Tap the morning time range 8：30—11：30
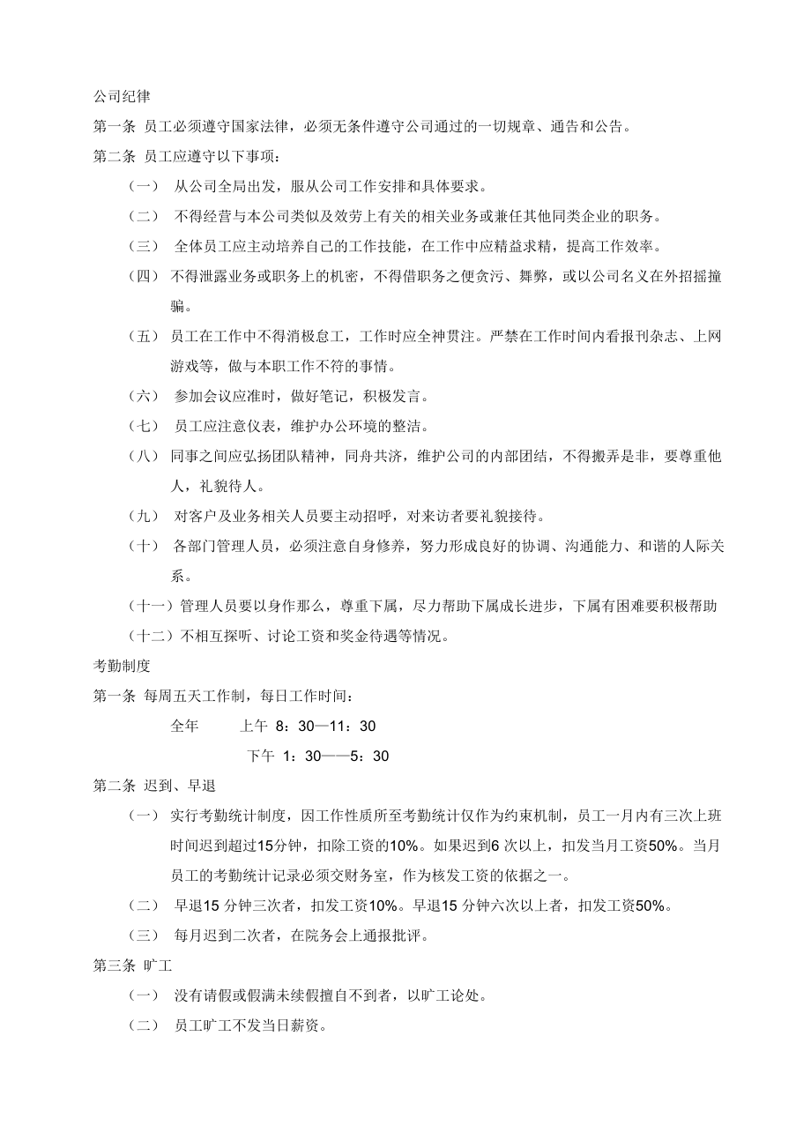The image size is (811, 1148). [x=325, y=726]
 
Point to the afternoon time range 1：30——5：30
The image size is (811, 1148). [x=331, y=756]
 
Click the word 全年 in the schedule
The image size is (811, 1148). [x=184, y=726]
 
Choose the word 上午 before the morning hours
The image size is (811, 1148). [x=254, y=726]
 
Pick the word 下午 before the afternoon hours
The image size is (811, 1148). [x=261, y=756]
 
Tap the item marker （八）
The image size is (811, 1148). [x=144, y=456]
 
